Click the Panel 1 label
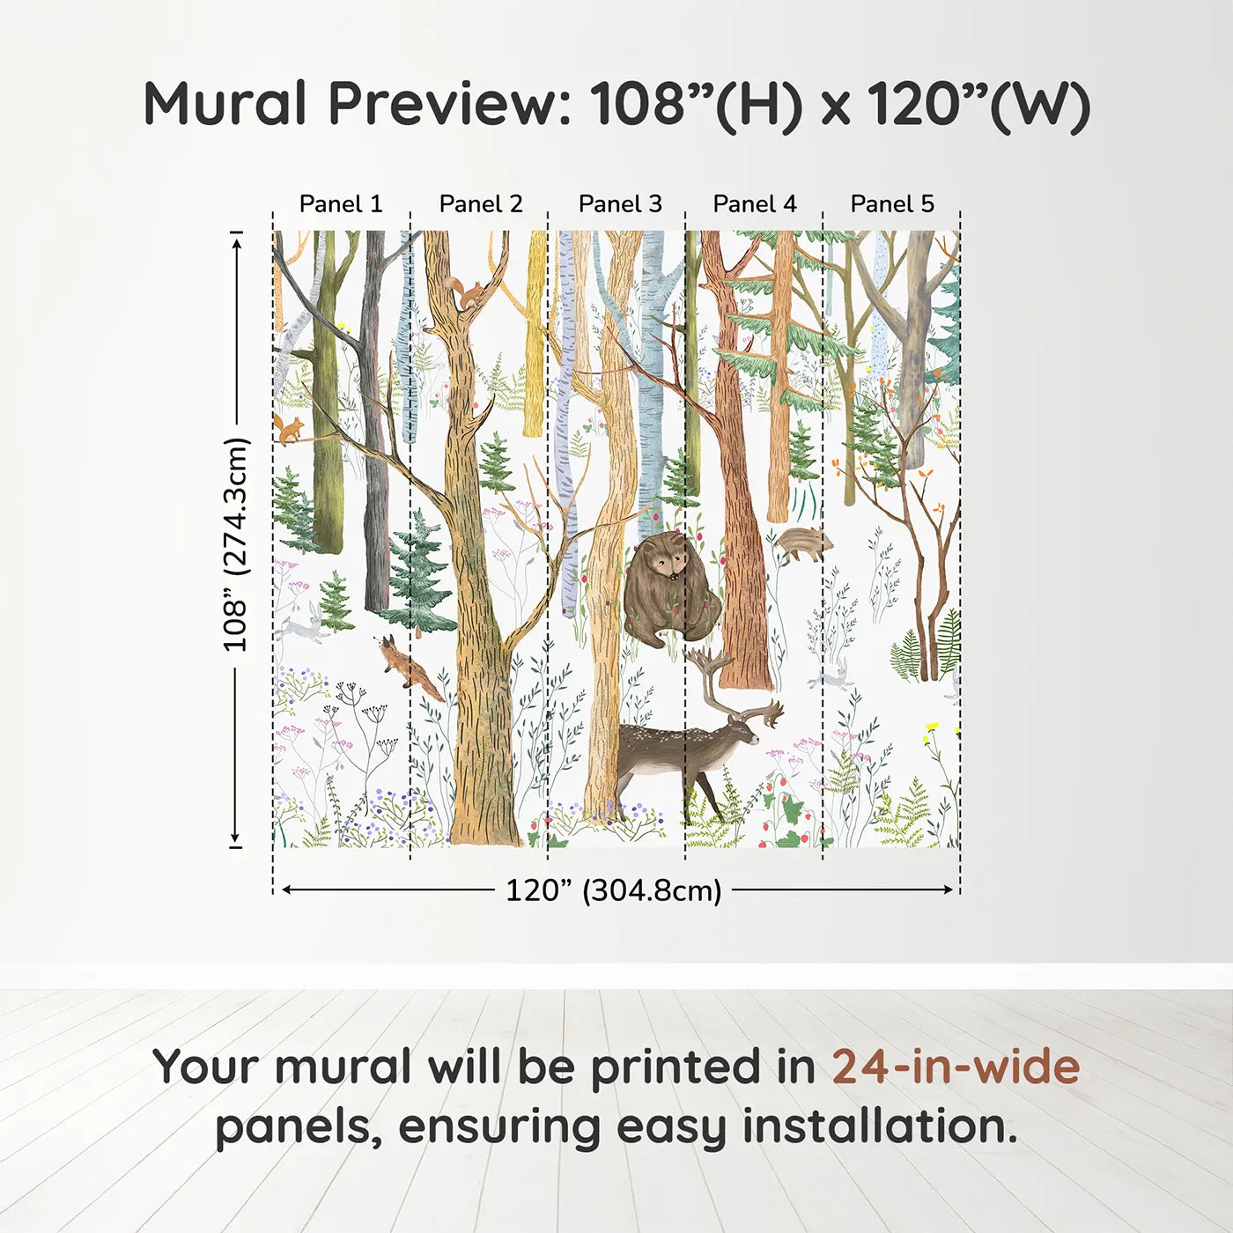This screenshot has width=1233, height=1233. point(341,203)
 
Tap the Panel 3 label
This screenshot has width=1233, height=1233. point(620,203)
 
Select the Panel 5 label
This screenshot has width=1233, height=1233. point(892,203)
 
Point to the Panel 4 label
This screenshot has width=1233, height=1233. point(755,203)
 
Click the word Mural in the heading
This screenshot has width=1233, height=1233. point(225,104)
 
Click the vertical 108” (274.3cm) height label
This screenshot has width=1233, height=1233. point(236,544)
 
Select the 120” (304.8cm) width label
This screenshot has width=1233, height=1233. point(614,890)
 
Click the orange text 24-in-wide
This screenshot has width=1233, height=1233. point(956,1067)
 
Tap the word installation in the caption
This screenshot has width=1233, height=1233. point(879,1126)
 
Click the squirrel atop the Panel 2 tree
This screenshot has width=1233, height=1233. point(465,292)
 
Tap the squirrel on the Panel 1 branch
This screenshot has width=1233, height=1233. point(289,430)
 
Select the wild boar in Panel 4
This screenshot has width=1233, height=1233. point(803,543)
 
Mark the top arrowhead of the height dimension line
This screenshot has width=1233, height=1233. point(236,239)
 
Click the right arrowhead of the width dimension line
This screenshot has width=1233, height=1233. point(949,890)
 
